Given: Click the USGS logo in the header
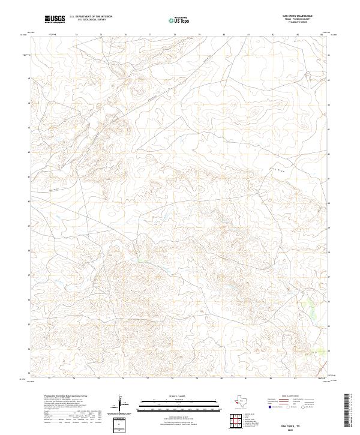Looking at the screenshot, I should point(55,19).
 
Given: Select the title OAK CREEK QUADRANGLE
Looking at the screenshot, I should point(304,16).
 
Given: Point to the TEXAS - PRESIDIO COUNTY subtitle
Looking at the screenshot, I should point(304,19).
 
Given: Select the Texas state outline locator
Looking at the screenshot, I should point(242,401).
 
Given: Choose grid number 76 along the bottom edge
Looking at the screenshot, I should point(123,379).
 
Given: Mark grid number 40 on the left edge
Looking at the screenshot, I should point(28,202).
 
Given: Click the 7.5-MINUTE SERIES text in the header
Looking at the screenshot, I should point(304,22).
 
